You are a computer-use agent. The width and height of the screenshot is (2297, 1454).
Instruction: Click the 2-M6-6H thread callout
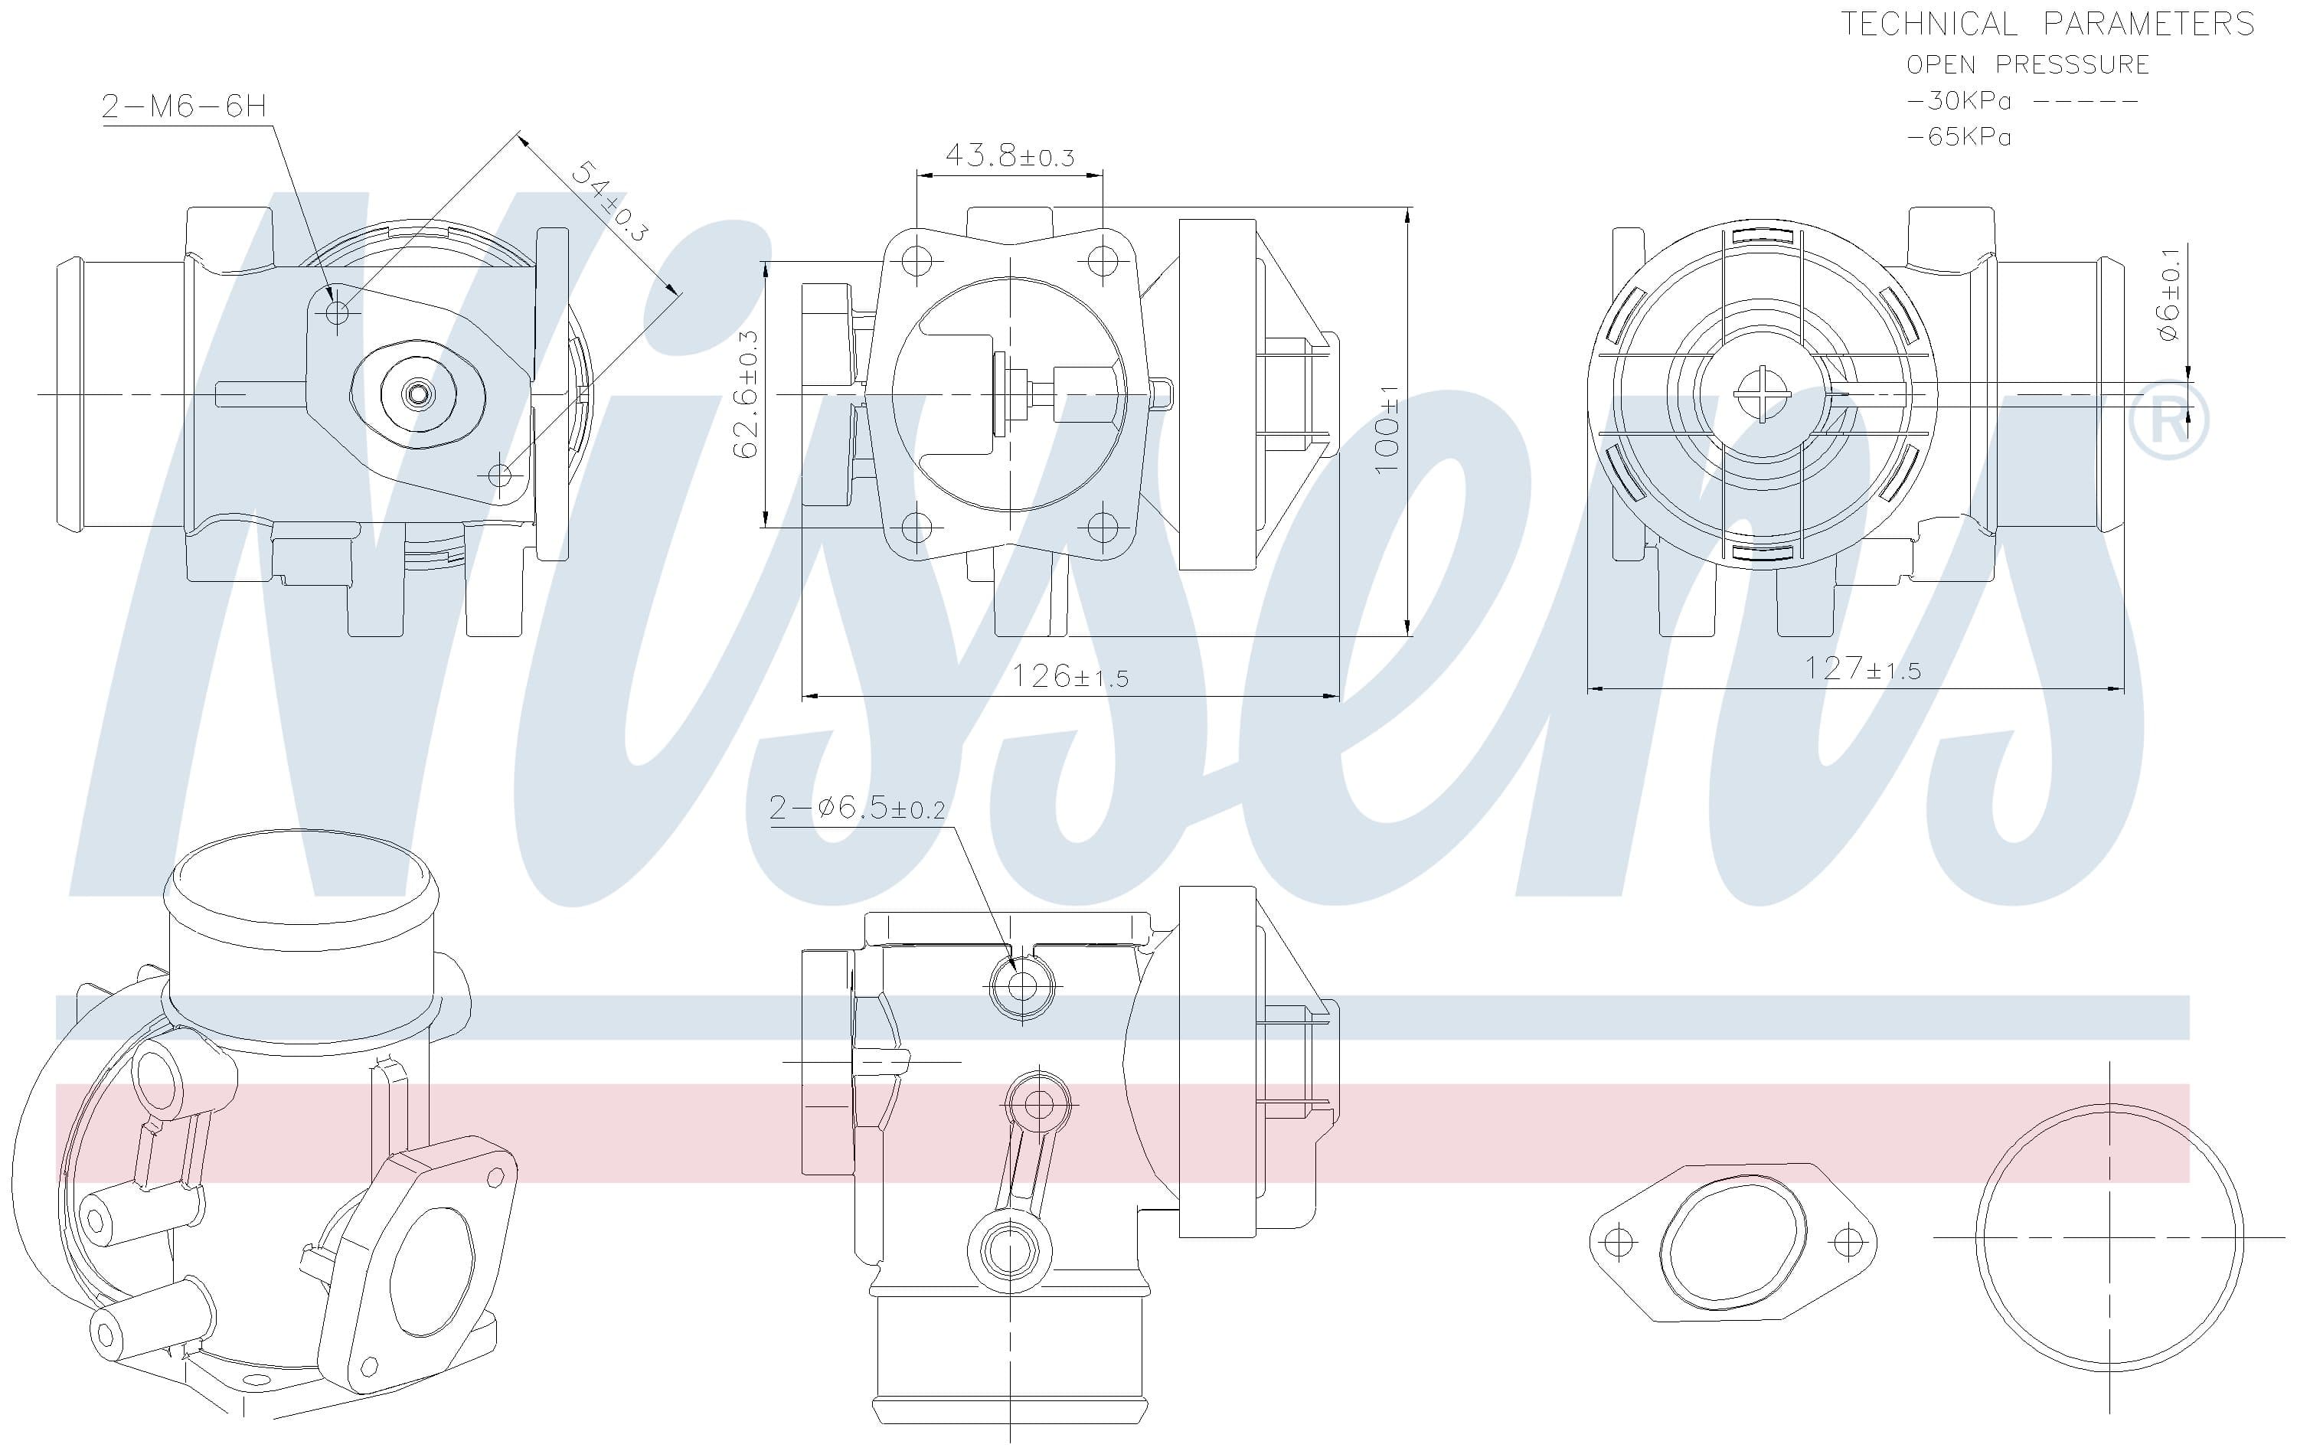[x=184, y=105]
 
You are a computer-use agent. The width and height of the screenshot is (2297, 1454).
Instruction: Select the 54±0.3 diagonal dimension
[x=610, y=201]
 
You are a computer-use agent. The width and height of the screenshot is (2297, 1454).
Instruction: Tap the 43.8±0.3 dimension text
[x=1009, y=155]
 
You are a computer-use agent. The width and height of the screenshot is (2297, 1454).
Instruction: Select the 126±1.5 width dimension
[x=1070, y=675]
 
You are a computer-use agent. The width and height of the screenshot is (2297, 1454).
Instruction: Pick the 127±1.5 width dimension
[x=1862, y=668]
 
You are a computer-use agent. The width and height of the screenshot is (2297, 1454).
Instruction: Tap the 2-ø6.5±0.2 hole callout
[x=857, y=808]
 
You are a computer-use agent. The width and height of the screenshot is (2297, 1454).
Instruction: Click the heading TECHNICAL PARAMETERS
[x=2047, y=24]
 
